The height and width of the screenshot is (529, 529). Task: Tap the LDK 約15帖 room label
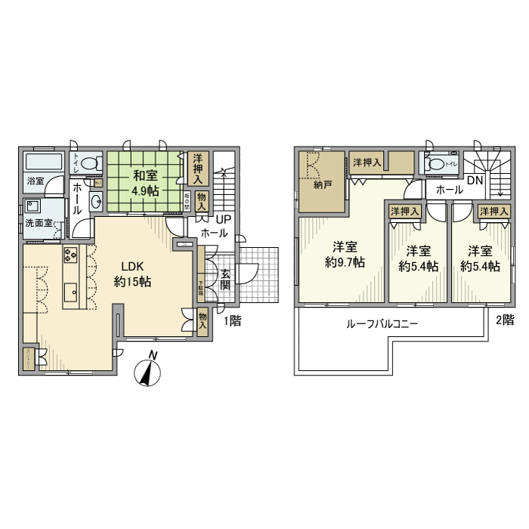click(x=134, y=274)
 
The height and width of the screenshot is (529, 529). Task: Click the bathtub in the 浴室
click(x=45, y=162)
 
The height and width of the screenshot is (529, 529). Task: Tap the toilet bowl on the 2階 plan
click(x=436, y=162)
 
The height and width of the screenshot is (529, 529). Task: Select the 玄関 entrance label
click(x=225, y=280)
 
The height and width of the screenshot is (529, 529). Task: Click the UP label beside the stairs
click(x=223, y=219)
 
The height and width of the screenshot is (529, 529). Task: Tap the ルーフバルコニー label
click(x=382, y=323)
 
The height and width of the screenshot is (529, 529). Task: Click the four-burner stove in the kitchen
click(x=70, y=255)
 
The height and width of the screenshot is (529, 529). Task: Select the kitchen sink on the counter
click(x=70, y=289)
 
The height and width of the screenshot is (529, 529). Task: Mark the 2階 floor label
click(x=504, y=320)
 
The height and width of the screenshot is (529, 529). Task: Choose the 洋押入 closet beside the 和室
click(x=197, y=168)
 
